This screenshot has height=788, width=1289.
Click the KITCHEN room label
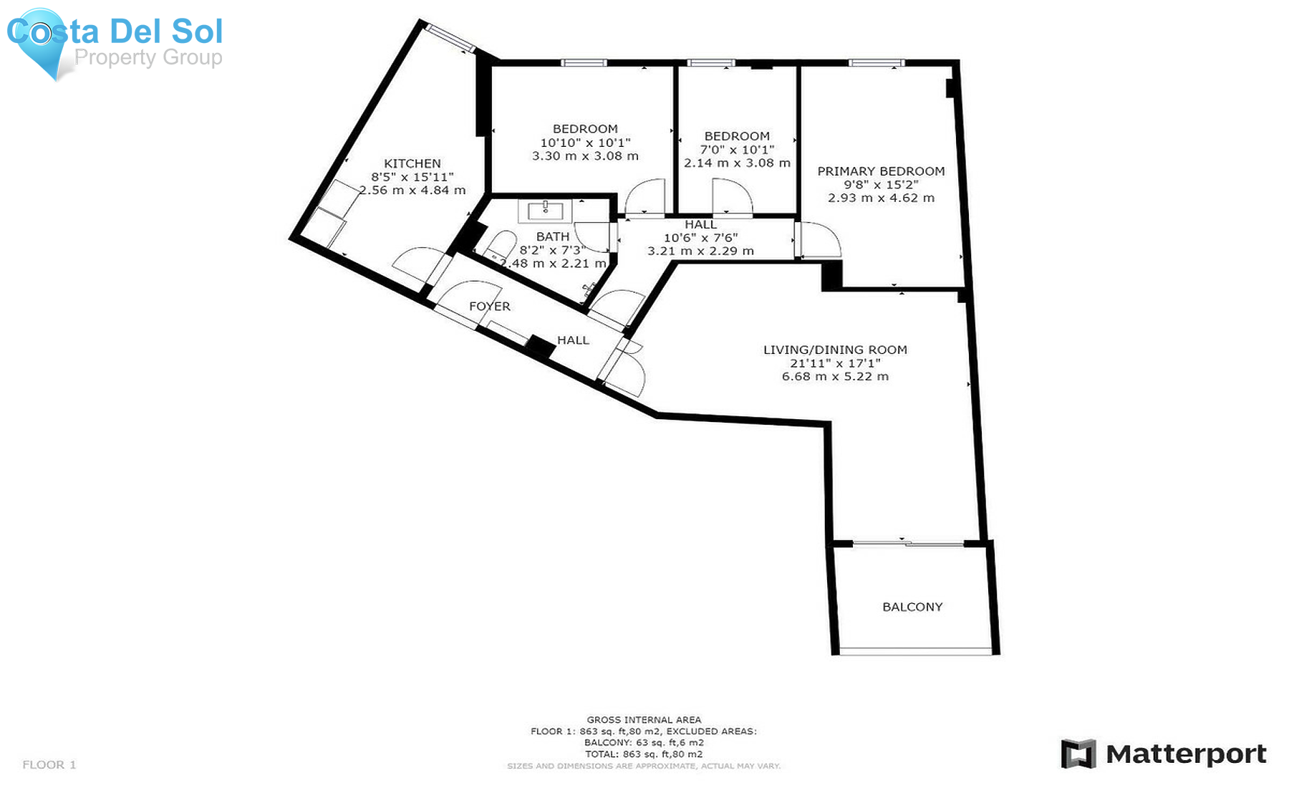(412, 163)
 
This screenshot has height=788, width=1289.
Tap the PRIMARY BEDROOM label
(881, 171)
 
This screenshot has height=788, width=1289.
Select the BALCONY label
(912, 607)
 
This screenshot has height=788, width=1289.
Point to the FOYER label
(490, 306)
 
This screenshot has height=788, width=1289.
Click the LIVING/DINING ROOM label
(835, 350)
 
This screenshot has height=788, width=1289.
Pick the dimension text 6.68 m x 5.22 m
(835, 376)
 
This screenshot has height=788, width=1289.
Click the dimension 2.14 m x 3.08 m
(737, 163)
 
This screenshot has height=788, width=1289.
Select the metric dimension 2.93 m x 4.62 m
(881, 198)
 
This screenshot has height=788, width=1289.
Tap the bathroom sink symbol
(546, 211)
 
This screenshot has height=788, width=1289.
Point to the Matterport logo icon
(1078, 754)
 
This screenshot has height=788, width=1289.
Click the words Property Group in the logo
(148, 57)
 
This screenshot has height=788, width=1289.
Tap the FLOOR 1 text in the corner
(49, 764)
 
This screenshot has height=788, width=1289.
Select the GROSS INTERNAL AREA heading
(644, 720)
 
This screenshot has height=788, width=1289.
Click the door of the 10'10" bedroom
(646, 196)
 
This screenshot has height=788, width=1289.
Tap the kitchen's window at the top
(449, 38)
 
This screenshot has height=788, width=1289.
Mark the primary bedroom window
(876, 63)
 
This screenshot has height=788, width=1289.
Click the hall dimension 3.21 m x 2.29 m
(700, 251)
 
